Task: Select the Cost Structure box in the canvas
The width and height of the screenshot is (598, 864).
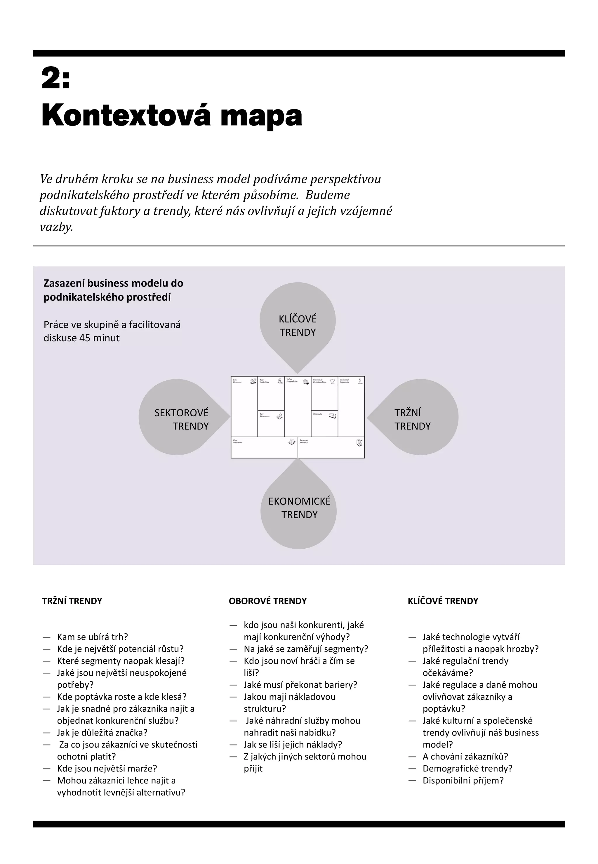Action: (264, 448)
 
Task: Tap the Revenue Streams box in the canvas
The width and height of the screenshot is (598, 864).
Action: (331, 448)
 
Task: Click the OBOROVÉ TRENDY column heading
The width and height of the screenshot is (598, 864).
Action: (267, 601)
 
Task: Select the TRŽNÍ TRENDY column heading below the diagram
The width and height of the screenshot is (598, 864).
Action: (72, 601)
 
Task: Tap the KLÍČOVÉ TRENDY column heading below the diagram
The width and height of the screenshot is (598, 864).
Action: (443, 601)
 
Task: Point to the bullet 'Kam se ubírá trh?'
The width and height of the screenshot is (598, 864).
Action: (93, 637)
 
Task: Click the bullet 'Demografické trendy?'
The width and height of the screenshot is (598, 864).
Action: (467, 769)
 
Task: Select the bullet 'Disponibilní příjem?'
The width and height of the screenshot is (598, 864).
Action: (463, 780)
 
